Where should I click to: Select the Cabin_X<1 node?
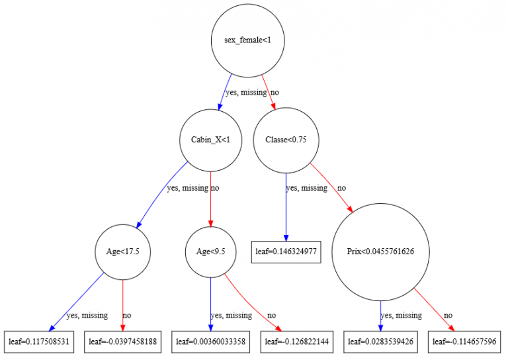(x=210, y=140)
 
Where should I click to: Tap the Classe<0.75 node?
(x=285, y=140)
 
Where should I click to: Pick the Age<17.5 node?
(x=123, y=252)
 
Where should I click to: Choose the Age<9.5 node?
(x=210, y=252)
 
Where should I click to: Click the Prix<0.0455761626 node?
(x=380, y=252)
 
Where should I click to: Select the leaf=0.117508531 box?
(x=39, y=341)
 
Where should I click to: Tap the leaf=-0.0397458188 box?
(x=123, y=341)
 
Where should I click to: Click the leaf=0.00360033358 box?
(x=210, y=341)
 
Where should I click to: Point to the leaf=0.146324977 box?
(x=286, y=252)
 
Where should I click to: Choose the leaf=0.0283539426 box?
(x=380, y=341)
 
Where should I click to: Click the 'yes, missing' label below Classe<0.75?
(x=306, y=188)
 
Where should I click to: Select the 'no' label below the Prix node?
(x=448, y=315)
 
